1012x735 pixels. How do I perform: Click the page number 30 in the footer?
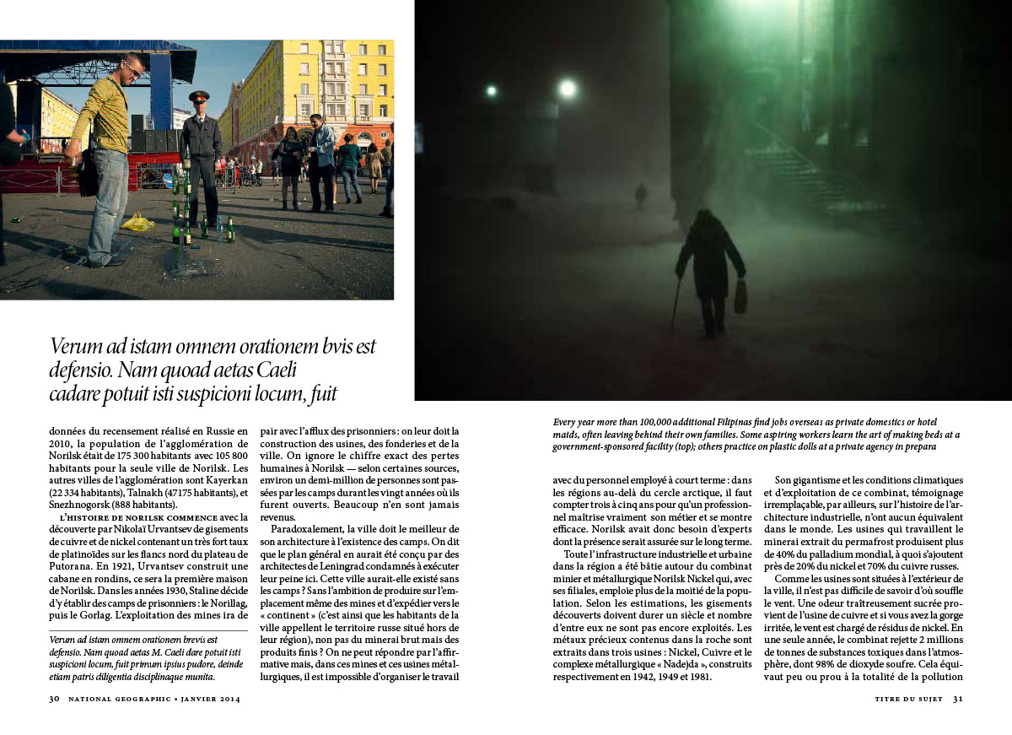click(54, 699)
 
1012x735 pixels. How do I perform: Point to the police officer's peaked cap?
click(199, 96)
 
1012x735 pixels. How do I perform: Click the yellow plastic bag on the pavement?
click(137, 222)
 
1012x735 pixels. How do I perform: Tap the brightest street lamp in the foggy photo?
click(568, 88)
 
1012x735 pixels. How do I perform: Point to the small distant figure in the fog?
click(641, 194)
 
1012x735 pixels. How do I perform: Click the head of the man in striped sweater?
click(133, 68)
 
